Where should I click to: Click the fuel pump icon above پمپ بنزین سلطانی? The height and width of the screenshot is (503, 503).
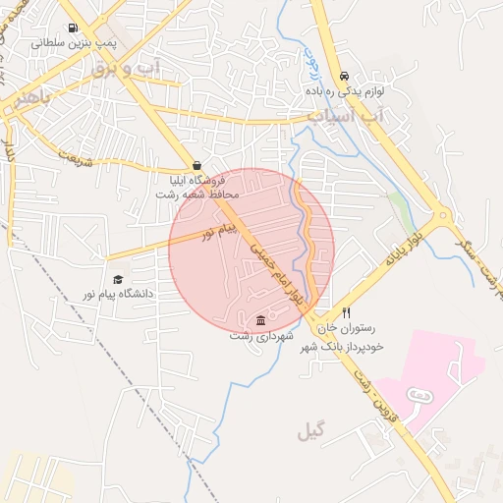pos(72,28)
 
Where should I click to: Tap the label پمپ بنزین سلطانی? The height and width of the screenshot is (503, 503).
pos(73,44)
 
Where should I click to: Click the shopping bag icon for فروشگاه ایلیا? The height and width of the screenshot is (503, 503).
pos(197,166)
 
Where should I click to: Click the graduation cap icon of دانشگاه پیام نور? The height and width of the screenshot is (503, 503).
pos(119,281)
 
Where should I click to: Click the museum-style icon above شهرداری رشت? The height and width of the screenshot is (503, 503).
pos(259,320)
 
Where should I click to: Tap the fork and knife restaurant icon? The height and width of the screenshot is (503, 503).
pos(345,313)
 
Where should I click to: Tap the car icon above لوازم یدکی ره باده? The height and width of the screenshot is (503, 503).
pos(344,76)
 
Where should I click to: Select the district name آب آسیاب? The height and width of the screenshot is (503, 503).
pos(348,116)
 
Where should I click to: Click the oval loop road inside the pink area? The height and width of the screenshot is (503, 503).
pos(419,394)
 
